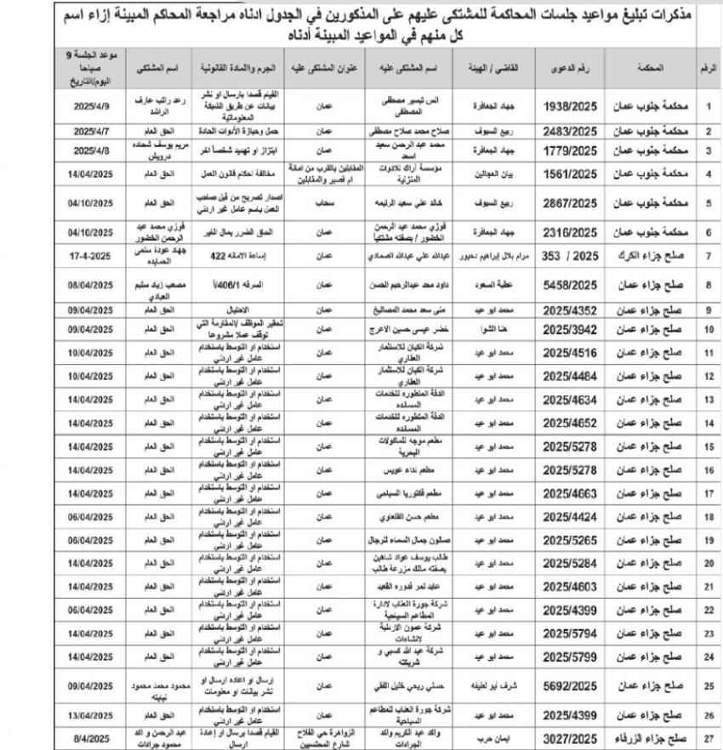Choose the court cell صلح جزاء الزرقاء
pos(656,736)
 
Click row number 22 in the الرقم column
pos(709,610)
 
